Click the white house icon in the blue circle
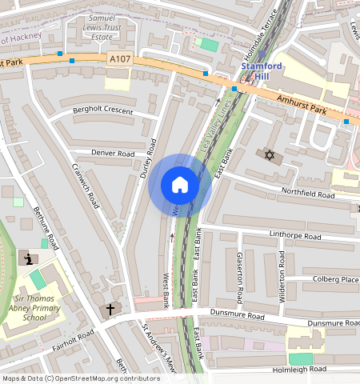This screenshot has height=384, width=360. pos(180,186)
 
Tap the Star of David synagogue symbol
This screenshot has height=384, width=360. pos(269,153)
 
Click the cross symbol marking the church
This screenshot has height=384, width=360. pos(110,308)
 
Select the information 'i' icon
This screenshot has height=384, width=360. pos(29,258)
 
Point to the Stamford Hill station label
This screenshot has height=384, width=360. pos(261,70)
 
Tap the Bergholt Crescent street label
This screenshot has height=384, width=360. pos(102,111)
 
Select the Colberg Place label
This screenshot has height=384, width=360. pos(336,279)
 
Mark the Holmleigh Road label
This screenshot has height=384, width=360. pos(299,370)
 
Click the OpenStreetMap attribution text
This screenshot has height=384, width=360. pos(81,378)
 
